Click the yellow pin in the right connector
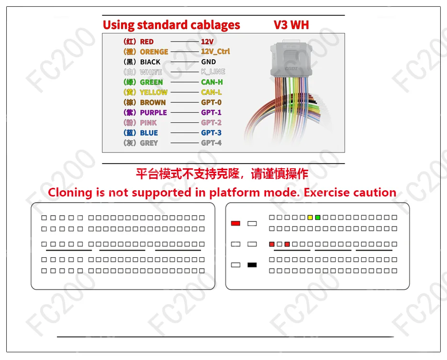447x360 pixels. (x=310, y=218)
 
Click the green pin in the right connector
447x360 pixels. (x=318, y=218)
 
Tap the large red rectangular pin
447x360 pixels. (x=235, y=224)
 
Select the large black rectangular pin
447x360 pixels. (x=252, y=265)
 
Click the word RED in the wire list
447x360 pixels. (x=147, y=42)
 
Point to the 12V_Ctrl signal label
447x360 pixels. (x=215, y=52)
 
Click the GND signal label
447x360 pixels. (x=208, y=62)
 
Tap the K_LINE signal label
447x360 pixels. (x=213, y=72)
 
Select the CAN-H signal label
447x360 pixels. (x=212, y=82)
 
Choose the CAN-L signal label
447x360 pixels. (x=211, y=92)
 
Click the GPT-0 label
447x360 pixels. (x=211, y=102)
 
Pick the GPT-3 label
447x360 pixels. (x=211, y=133)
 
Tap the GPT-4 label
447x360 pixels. (x=211, y=143)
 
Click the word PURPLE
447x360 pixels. (x=153, y=112)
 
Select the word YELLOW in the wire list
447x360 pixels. (x=154, y=92)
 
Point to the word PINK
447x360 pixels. (x=148, y=123)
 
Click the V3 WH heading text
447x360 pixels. (x=291, y=25)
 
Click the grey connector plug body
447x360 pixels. (x=291, y=59)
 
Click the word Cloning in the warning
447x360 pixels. (x=70, y=193)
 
